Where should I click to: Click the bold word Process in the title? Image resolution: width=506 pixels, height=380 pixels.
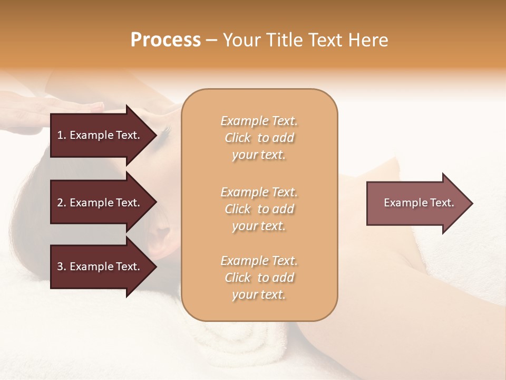[x=166, y=40]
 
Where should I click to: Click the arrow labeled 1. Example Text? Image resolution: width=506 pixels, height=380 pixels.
[x=100, y=135]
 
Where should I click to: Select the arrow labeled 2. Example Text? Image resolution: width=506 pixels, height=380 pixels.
[x=100, y=203]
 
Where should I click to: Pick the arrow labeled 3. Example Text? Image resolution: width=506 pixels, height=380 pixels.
[x=100, y=267]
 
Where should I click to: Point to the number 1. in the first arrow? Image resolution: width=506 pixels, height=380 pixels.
[x=62, y=135]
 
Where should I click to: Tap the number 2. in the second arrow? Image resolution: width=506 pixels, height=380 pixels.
[x=62, y=203]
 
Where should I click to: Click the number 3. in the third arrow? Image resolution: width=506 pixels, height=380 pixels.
[x=62, y=267]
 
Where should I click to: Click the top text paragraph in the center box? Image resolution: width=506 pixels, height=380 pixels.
[x=259, y=138]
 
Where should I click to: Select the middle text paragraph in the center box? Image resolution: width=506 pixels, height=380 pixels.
[x=259, y=209]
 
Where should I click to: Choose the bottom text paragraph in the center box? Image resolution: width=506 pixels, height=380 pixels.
[x=259, y=278]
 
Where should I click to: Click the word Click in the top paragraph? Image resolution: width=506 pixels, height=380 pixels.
[x=238, y=138]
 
